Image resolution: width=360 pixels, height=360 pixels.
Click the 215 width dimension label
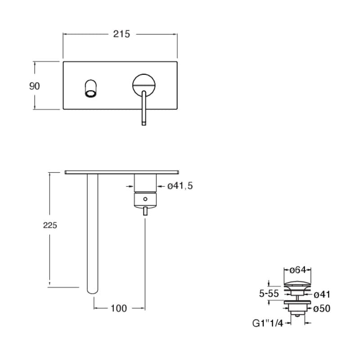121,34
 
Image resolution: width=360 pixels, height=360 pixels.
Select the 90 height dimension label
35,86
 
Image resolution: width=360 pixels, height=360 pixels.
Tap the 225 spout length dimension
50,225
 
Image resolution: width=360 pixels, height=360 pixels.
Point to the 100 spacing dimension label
118,308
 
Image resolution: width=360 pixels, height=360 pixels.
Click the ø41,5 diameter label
180,186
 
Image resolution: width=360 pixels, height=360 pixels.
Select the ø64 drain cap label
297,270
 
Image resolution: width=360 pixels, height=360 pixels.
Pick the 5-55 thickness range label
269,293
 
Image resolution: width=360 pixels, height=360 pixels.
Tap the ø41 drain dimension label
322,295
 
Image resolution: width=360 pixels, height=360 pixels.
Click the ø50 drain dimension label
322,308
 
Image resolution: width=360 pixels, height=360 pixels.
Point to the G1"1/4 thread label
268,323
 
